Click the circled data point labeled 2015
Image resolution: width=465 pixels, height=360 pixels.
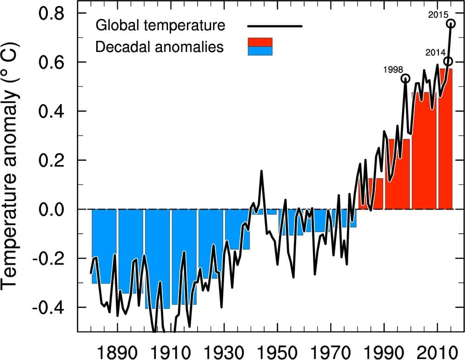[x=451, y=23]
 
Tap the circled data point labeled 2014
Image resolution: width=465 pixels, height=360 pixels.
[x=448, y=61]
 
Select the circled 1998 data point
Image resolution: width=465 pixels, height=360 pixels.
[x=405, y=78]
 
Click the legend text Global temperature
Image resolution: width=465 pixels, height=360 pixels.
[x=160, y=25]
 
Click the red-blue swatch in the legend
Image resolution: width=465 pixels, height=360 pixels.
[x=260, y=47]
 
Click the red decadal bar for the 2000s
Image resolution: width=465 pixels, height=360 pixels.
[x=424, y=153]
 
